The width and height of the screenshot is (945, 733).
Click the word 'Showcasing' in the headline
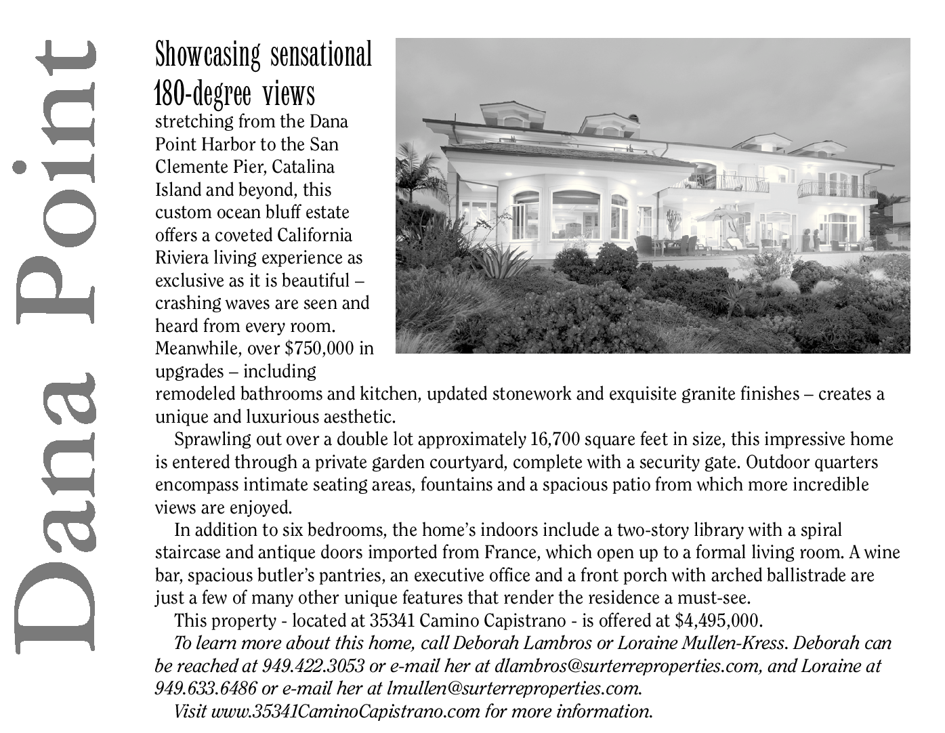[x=207, y=55]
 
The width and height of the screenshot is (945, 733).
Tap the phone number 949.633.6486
[x=205, y=688]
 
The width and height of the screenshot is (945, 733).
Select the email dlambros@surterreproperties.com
[x=626, y=666]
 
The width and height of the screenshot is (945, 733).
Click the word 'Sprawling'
[x=213, y=440]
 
